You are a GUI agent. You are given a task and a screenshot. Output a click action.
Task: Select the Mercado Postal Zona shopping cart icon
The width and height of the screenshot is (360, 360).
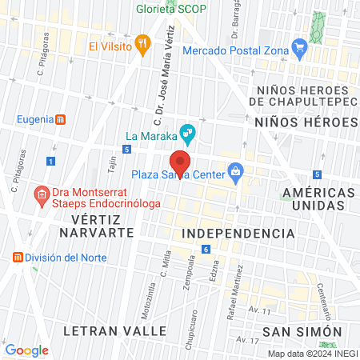coord(300,47)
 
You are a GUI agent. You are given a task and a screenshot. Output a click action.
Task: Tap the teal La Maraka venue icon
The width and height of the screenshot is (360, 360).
coord(186,133)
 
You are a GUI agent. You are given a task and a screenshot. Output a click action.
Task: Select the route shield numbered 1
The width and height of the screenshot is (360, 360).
coord(50,162)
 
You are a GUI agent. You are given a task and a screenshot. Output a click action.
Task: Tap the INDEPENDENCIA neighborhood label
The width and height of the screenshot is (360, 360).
coord(238,233)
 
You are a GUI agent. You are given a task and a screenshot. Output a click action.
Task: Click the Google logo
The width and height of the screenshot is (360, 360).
coord(27,350)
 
